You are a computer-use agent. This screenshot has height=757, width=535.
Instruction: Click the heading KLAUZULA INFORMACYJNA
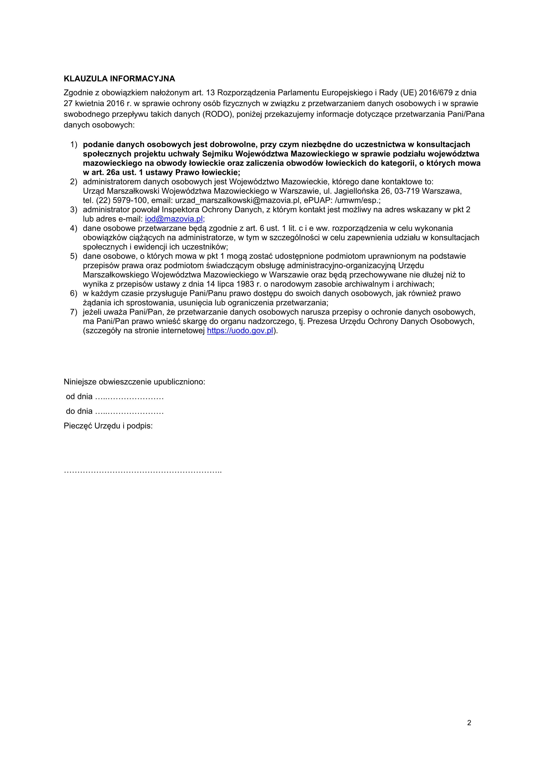(119, 79)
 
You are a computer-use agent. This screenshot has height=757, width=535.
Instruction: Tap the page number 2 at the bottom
(469, 723)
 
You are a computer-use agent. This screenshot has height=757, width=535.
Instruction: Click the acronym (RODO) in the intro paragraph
(217, 114)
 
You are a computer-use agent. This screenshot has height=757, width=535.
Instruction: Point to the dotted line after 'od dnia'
(129, 397)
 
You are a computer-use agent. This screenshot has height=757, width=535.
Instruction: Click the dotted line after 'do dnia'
(129, 412)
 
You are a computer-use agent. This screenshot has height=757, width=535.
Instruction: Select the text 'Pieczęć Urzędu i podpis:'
(108, 426)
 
